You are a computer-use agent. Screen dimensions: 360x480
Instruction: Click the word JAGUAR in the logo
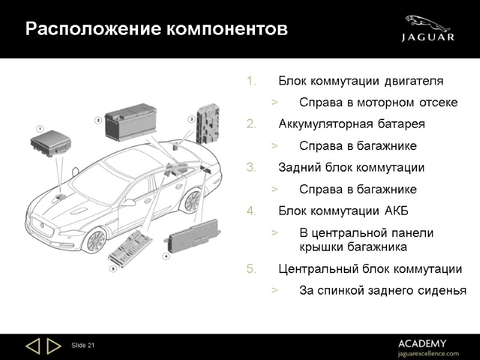click(x=427, y=37)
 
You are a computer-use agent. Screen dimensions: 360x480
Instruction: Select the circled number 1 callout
click(x=40, y=128)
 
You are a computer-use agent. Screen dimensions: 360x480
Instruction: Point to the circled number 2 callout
click(x=98, y=120)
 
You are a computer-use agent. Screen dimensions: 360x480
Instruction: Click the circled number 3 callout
click(x=191, y=119)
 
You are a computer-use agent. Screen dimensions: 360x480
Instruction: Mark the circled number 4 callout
click(x=166, y=256)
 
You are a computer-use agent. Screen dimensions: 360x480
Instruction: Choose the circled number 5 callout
click(x=112, y=269)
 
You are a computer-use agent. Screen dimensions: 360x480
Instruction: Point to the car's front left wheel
click(x=95, y=240)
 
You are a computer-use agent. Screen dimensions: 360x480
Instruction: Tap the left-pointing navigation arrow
click(x=32, y=346)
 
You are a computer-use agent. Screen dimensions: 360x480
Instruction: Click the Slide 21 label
click(x=83, y=346)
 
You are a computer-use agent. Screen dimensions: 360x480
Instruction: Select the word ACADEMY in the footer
click(x=422, y=343)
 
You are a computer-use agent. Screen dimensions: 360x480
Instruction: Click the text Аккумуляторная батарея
click(x=352, y=124)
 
